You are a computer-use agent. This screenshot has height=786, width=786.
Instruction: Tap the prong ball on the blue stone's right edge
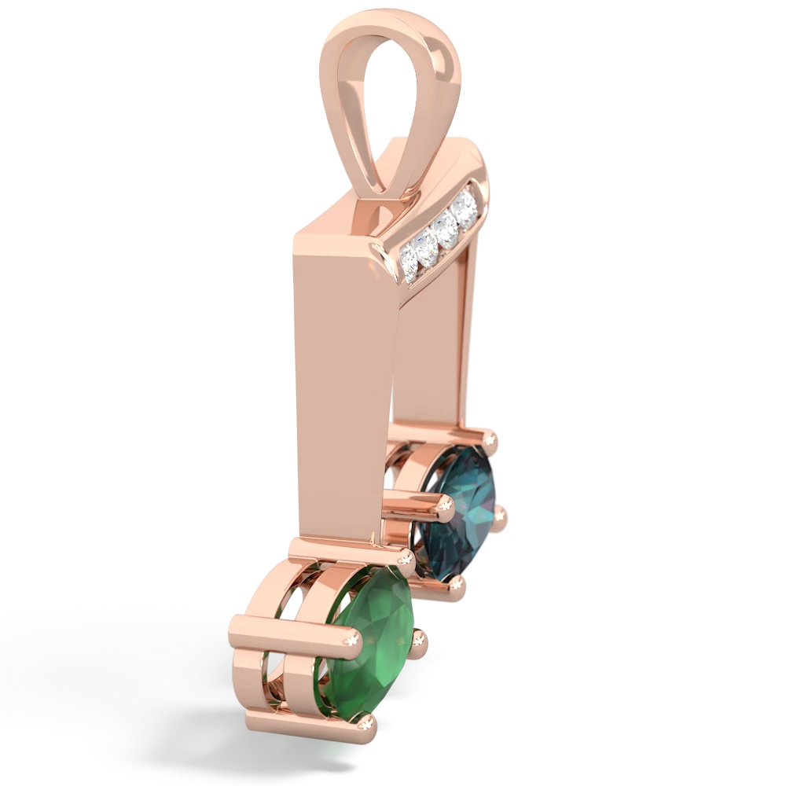coord(501,517)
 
